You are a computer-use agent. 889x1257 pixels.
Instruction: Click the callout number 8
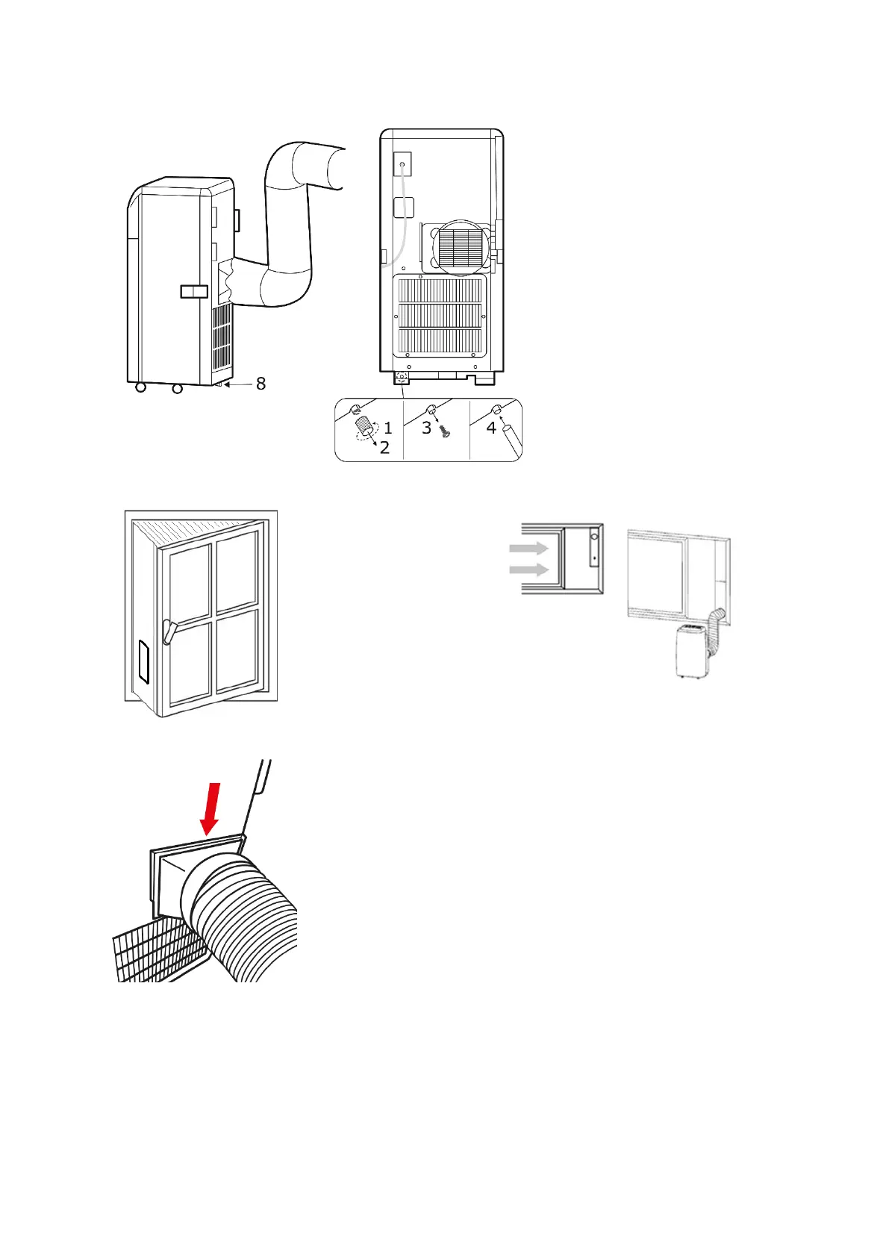(261, 384)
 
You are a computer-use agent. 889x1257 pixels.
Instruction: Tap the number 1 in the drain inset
(388, 428)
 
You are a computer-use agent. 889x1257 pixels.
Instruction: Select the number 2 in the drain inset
(384, 448)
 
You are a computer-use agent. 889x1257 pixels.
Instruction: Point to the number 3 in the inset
(426, 428)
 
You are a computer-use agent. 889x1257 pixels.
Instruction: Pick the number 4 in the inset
(491, 428)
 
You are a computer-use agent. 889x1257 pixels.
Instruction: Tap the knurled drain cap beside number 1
(364, 427)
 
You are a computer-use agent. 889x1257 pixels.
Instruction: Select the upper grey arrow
(528, 549)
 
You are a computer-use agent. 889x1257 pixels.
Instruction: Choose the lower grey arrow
(528, 571)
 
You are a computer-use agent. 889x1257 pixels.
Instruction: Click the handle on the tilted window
(168, 631)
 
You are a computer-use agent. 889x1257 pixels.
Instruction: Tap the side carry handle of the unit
(193, 291)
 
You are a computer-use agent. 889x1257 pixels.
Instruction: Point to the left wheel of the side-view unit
(140, 388)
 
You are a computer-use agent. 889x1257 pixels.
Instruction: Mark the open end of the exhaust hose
(328, 169)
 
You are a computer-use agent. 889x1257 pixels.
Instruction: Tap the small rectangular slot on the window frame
(144, 662)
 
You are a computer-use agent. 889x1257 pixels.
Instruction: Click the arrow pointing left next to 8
(237, 385)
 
